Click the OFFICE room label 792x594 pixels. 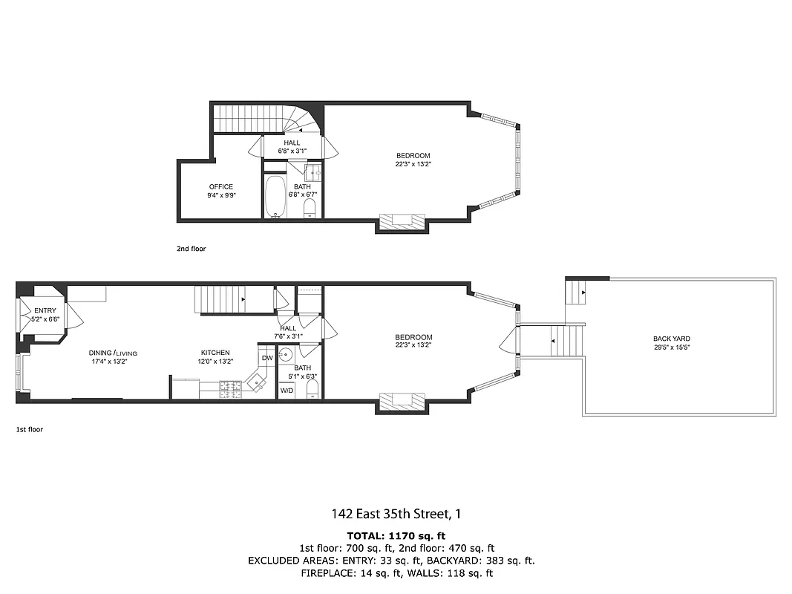tap(220, 187)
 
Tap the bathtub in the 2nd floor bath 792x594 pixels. tap(275, 197)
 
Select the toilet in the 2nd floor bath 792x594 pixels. tap(310, 208)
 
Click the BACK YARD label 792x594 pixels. tap(671, 339)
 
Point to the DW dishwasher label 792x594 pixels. tap(267, 358)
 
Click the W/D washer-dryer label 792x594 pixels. tap(287, 389)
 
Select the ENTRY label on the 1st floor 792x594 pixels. tap(45, 310)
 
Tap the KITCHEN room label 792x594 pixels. tap(215, 353)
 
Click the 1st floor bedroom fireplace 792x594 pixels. tap(402, 402)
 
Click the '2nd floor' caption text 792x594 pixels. tap(190, 249)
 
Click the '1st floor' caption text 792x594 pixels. tap(30, 429)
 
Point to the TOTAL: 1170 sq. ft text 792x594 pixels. tap(396, 535)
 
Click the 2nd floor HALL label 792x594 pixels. tap(292, 143)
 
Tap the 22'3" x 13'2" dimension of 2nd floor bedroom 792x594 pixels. tap(413, 164)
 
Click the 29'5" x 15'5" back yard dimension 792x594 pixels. tap(671, 347)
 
